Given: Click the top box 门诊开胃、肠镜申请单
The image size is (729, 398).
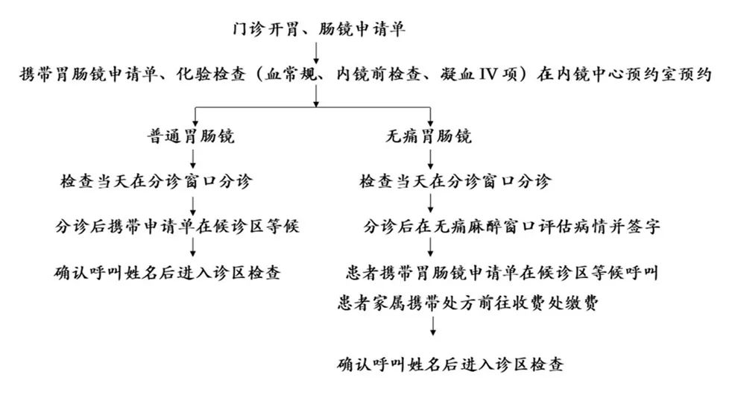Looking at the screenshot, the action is pyautogui.click(x=319, y=29).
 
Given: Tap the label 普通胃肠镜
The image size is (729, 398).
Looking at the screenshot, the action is pyautogui.click(x=191, y=136).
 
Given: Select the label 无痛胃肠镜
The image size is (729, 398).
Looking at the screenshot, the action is pyautogui.click(x=429, y=136).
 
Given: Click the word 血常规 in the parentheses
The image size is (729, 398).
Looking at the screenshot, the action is pyautogui.click(x=291, y=75).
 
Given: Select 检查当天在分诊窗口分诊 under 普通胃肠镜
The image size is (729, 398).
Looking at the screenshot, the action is pyautogui.click(x=157, y=181).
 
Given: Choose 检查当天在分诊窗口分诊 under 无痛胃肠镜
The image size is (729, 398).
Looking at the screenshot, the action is pyautogui.click(x=455, y=181).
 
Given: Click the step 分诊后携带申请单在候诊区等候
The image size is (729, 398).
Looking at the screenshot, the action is pyautogui.click(x=177, y=227).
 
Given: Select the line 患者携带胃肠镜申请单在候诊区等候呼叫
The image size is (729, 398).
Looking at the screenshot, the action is pyautogui.click(x=502, y=273).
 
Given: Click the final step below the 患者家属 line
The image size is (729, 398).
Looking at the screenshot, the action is pyautogui.click(x=450, y=364).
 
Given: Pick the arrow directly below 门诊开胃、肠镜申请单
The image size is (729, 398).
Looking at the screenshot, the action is pyautogui.click(x=316, y=52).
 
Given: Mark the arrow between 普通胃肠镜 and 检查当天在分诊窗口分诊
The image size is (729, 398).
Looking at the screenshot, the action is pyautogui.click(x=193, y=159).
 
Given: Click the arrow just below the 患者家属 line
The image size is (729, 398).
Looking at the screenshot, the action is pyautogui.click(x=433, y=326).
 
